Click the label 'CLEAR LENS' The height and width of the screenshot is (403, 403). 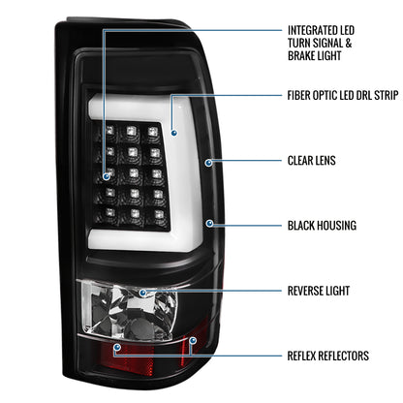point(311,161)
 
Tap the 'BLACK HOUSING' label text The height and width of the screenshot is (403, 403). point(322,226)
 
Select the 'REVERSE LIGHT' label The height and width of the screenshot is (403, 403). point(319,291)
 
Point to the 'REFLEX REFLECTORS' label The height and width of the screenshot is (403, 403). point(328,356)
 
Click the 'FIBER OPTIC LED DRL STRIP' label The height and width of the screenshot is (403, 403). point(343,95)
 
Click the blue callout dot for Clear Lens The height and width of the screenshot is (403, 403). point(209,163)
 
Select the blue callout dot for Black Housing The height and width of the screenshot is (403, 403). point(209,223)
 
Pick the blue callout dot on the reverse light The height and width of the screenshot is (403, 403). point(142,293)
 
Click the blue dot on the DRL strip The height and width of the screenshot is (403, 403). point(174,133)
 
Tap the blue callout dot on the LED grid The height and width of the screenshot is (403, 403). point(107,176)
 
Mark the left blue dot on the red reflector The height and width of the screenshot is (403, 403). point(117,347)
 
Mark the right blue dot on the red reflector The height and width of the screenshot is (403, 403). point(193,340)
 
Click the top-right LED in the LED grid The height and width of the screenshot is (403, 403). point(153,132)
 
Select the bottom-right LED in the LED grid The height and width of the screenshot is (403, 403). point(159,215)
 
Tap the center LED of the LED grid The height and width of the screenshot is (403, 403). point(134,173)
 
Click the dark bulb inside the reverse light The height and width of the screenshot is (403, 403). point(137,326)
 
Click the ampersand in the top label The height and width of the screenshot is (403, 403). point(348,43)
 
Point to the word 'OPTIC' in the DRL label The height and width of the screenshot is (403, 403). point(325,95)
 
